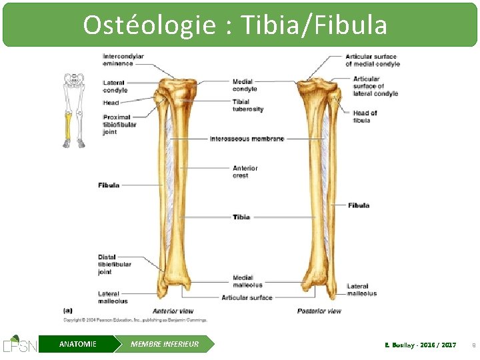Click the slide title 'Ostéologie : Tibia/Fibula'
point(235,25)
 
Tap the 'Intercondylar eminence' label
point(123,60)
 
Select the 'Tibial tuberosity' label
point(248,105)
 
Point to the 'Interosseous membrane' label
point(247,139)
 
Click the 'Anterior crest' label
point(245,172)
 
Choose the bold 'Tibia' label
point(241,217)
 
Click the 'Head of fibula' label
point(365,117)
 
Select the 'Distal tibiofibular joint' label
point(115,265)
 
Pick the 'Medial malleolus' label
point(247,281)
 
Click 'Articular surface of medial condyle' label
point(373,60)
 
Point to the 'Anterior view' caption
point(173,311)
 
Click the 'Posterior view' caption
point(319,311)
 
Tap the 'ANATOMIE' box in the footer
point(78,344)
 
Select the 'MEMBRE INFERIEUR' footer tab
point(165,344)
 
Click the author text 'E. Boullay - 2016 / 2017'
point(421,345)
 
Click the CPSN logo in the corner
point(20,343)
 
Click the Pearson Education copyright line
point(135,320)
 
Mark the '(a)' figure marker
point(68,310)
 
